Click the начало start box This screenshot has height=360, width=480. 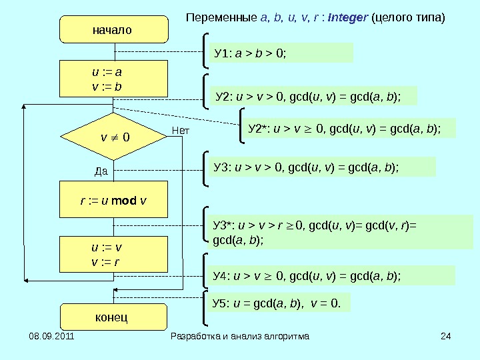pyautogui.click(x=112, y=31)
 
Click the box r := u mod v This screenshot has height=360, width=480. pyautogui.click(x=113, y=199)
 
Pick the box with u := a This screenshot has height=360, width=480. pyautogui.click(x=113, y=79)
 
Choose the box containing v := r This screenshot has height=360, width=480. pyautogui.click(x=113, y=254)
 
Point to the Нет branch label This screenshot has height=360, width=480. pyautogui.click(x=181, y=131)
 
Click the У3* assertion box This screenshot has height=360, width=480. pyautogui.click(x=341, y=232)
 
